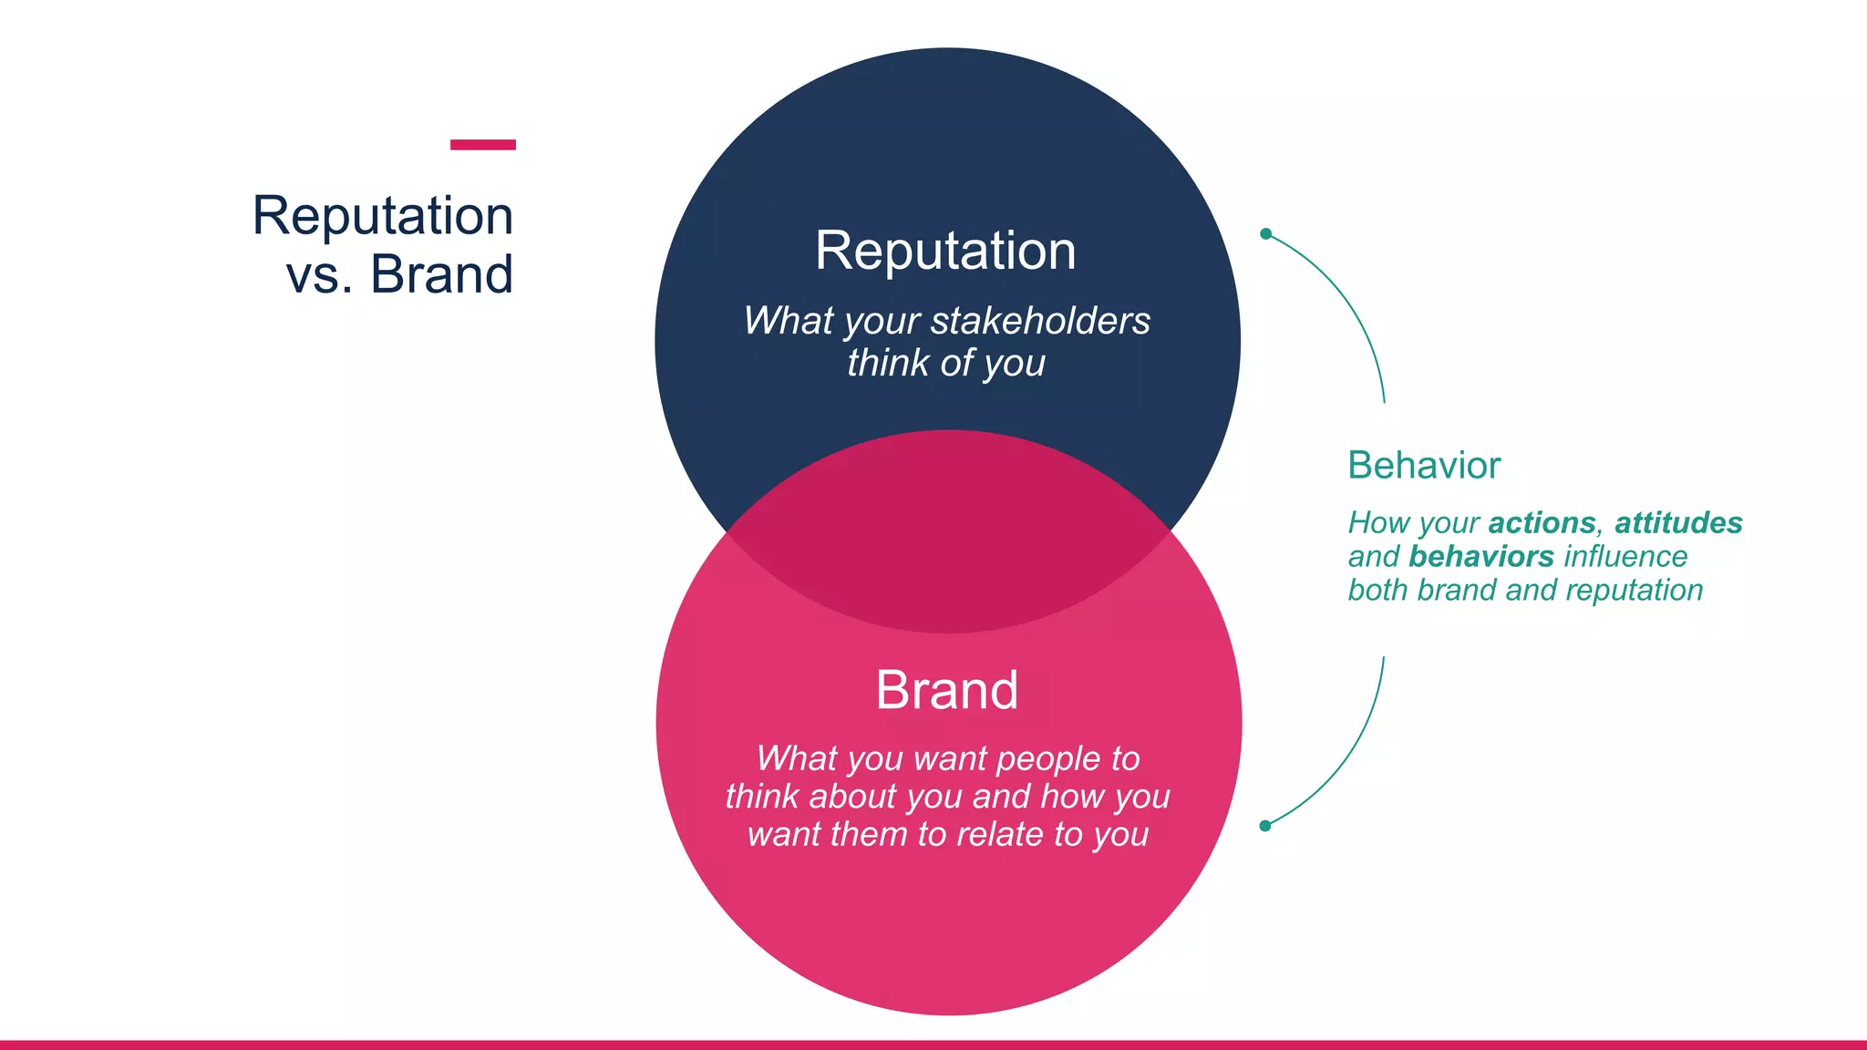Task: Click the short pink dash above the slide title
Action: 482,145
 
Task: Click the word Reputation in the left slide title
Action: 383,216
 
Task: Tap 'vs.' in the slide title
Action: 319,274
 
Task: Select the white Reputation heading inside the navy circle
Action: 945,251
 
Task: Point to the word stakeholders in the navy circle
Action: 1040,321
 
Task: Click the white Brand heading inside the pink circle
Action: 946,690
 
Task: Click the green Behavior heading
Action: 1423,466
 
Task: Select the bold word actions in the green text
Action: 1542,523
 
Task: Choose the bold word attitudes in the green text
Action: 1678,523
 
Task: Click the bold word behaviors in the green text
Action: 1481,557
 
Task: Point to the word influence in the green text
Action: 1625,557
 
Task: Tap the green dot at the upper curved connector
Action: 1265,234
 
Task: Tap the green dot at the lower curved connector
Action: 1265,826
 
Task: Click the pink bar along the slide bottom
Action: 933,1045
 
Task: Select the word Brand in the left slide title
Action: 441,274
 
